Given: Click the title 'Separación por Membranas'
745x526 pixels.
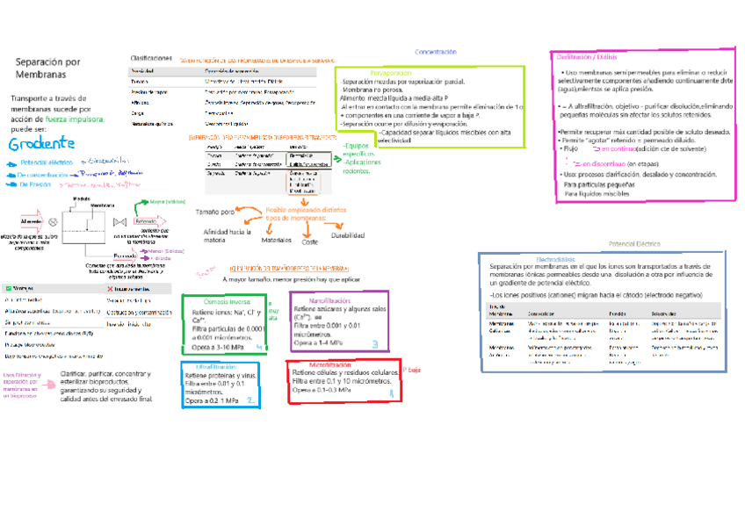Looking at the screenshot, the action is (48, 68).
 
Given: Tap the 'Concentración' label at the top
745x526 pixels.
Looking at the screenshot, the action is (436, 53).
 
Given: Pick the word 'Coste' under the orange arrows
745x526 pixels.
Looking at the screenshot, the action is (310, 241).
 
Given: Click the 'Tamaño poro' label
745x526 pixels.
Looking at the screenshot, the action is (215, 213).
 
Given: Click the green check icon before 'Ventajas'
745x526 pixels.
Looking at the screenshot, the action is (8, 288).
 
